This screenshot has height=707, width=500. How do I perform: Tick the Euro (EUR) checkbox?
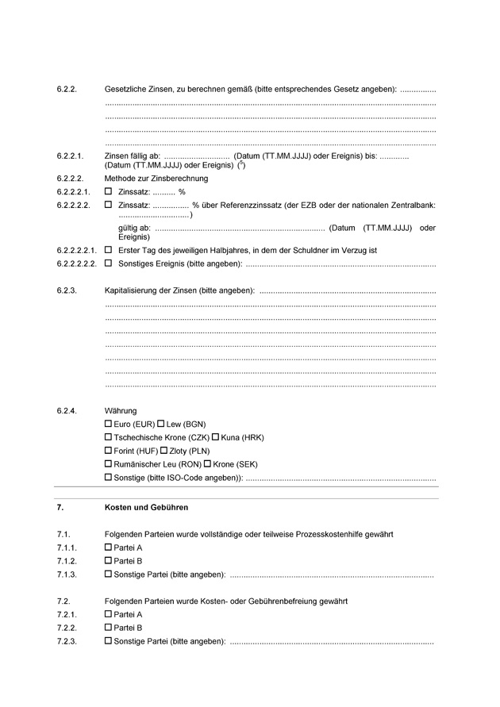click(x=109, y=425)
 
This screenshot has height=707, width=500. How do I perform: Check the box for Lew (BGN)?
click(x=161, y=425)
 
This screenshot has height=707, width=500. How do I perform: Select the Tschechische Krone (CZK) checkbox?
click(x=109, y=438)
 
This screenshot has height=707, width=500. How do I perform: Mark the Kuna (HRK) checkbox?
click(x=215, y=438)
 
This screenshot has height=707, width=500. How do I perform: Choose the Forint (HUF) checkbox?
click(x=109, y=451)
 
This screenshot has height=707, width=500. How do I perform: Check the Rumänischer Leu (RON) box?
click(x=109, y=464)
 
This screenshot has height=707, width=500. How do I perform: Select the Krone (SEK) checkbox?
click(x=208, y=464)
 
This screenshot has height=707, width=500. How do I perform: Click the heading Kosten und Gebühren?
click(x=146, y=507)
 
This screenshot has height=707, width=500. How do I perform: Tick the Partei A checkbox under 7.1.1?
click(x=109, y=548)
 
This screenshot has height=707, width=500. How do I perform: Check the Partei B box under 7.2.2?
click(x=109, y=628)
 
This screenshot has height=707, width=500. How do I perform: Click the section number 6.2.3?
click(x=67, y=291)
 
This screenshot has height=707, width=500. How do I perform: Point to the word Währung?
click(x=121, y=411)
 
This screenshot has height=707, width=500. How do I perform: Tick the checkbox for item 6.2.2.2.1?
click(x=109, y=250)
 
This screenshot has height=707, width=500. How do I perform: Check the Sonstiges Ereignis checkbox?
click(x=109, y=263)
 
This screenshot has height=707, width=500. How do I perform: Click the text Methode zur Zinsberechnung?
click(x=156, y=179)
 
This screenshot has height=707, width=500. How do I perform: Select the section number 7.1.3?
click(x=67, y=574)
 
